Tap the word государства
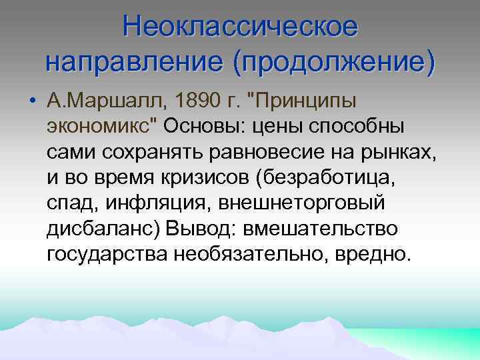click(107, 253)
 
